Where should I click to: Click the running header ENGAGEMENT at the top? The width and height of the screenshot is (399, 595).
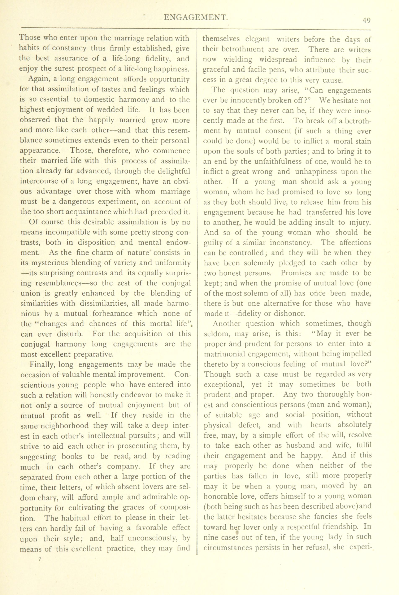[x=196, y=17]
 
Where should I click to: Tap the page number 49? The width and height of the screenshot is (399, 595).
[x=367, y=20]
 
